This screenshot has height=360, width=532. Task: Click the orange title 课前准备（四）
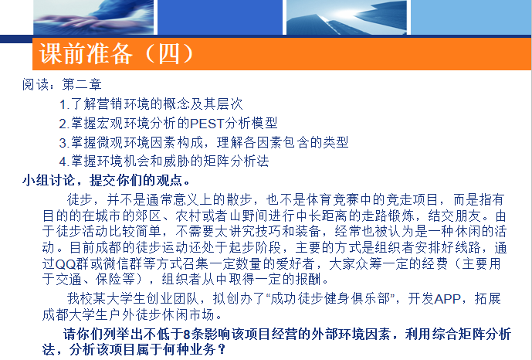[117, 54]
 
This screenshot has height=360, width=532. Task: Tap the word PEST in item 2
[207, 123]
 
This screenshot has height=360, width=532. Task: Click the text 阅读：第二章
[62, 84]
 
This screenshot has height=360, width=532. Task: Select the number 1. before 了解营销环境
[64, 104]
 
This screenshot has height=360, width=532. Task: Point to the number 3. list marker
[64, 143]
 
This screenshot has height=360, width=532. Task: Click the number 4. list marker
[64, 161]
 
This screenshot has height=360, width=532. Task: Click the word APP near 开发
[447, 299]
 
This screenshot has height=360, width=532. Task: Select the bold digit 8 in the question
[187, 335]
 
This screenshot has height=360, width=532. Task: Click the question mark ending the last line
[222, 349]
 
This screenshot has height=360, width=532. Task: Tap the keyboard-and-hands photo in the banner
[93, 17]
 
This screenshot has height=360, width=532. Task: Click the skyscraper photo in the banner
[347, 17]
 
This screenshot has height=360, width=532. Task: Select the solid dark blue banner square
[220, 17]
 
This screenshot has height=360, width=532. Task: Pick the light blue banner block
[471, 17]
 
